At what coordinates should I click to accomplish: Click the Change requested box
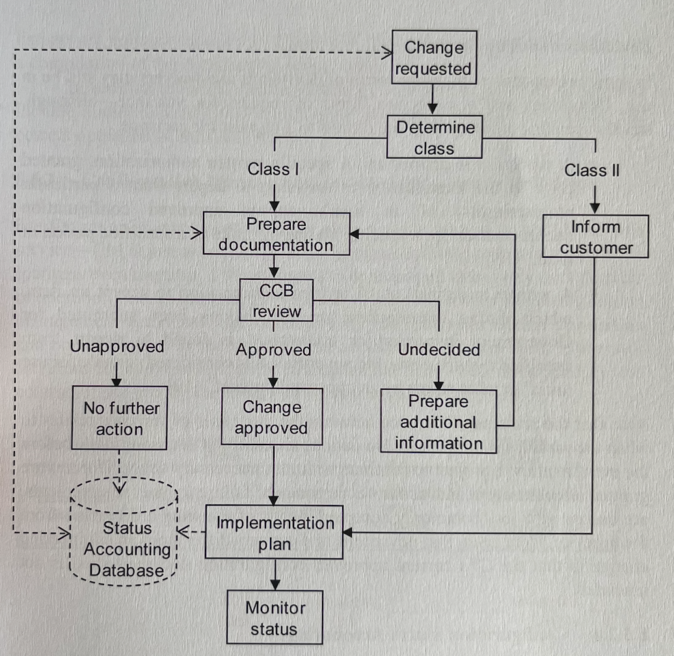coord(434,57)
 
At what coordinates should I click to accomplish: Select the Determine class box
coord(435,137)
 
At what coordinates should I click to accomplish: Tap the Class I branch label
coord(273,170)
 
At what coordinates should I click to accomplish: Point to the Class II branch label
coord(592,171)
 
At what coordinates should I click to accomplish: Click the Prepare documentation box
coord(276,234)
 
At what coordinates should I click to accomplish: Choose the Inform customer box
coord(595,237)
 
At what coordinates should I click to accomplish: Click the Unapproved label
coord(117,346)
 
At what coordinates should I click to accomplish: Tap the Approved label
coord(273,350)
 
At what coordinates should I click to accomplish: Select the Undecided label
coord(439,350)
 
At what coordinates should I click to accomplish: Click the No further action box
coord(120,418)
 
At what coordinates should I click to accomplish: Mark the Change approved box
coord(272,417)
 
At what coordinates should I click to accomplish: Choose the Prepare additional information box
coord(438,422)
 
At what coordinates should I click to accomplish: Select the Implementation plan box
coord(274,533)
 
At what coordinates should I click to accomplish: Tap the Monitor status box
coord(275,618)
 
